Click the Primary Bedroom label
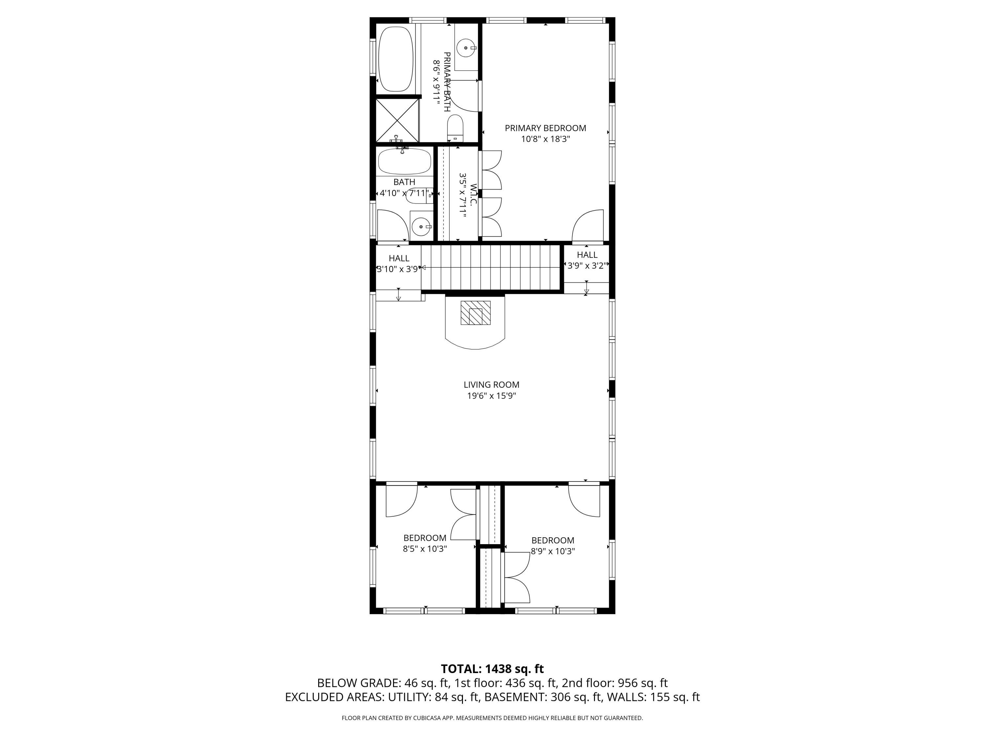(x=545, y=128)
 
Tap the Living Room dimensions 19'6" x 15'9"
(x=491, y=396)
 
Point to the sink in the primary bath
(x=466, y=47)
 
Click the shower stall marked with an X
(x=397, y=120)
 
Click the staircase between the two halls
(x=490, y=268)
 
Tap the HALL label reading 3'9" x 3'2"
(x=587, y=260)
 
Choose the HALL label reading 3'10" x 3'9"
(x=399, y=263)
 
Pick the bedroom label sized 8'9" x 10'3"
(x=553, y=545)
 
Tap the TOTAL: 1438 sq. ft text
(x=492, y=668)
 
